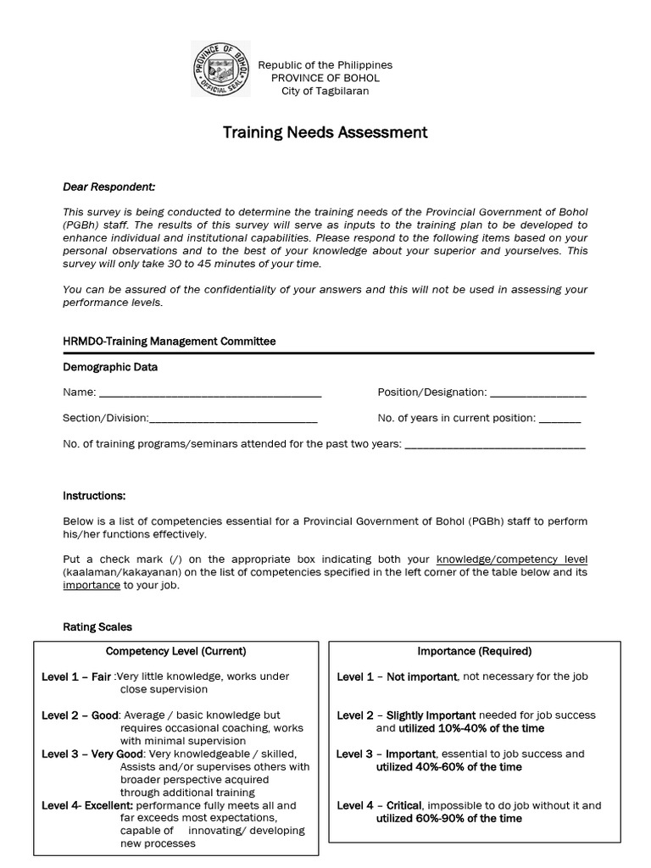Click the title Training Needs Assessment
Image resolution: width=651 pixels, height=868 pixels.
tap(325, 132)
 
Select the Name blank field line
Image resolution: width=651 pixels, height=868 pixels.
tap(210, 395)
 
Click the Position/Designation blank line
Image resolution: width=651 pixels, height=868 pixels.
tap(538, 395)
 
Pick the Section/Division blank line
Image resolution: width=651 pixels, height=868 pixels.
tap(233, 420)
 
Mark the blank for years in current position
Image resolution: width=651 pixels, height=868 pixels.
tap(560, 420)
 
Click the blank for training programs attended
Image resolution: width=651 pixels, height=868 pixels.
tap(496, 446)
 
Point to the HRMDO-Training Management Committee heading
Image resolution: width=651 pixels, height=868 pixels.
tap(170, 342)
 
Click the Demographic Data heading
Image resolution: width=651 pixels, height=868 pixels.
tap(110, 367)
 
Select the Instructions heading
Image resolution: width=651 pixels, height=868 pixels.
tap(94, 495)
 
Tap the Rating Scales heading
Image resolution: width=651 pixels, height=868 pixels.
tap(97, 627)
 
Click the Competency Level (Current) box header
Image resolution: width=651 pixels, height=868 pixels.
tap(175, 652)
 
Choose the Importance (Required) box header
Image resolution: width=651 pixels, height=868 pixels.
tap(475, 652)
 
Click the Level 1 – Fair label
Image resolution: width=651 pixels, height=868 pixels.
tap(76, 676)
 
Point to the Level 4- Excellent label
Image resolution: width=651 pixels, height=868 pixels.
tap(87, 805)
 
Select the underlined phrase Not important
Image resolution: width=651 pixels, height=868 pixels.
tap(423, 676)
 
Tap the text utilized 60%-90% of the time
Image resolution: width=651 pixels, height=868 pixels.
tap(448, 818)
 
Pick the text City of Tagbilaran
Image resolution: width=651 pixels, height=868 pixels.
tap(325, 92)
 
